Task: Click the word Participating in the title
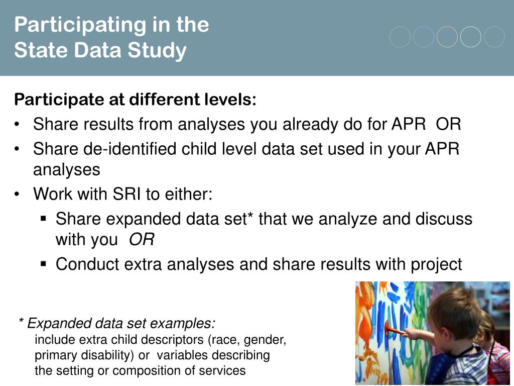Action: click(80, 25)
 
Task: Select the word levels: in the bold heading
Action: click(230, 99)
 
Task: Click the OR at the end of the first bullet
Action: click(448, 124)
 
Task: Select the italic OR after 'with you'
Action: click(142, 239)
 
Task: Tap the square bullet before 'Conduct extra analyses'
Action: click(44, 263)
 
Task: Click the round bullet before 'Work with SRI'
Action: click(17, 194)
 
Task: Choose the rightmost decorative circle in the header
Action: click(494, 37)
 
